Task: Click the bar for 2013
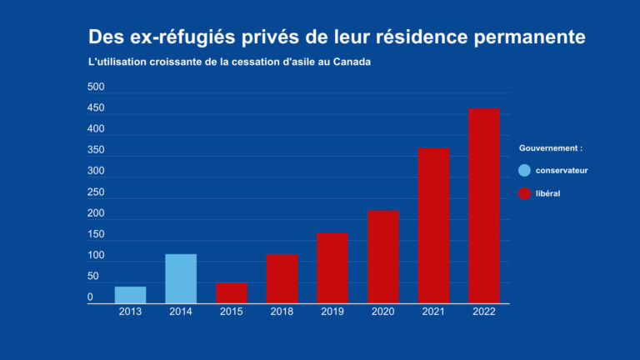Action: pyautogui.click(x=130, y=295)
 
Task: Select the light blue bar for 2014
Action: pyautogui.click(x=181, y=278)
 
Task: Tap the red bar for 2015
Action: pyautogui.click(x=232, y=292)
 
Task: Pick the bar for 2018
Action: pyautogui.click(x=282, y=278)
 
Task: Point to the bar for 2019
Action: pyautogui.click(x=332, y=267)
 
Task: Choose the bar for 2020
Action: pyautogui.click(x=383, y=257)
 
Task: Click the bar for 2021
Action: pyautogui.click(x=433, y=225)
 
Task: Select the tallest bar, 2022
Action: pyautogui.click(x=484, y=206)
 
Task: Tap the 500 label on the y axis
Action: pyautogui.click(x=96, y=87)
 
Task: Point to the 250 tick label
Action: pyautogui.click(x=96, y=192)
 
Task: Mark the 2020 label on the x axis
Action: pyautogui.click(x=383, y=312)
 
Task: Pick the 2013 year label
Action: pyautogui.click(x=130, y=312)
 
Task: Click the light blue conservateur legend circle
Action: pyautogui.click(x=524, y=170)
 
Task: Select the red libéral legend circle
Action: pyautogui.click(x=524, y=193)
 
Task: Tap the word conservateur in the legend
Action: pyautogui.click(x=562, y=170)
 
